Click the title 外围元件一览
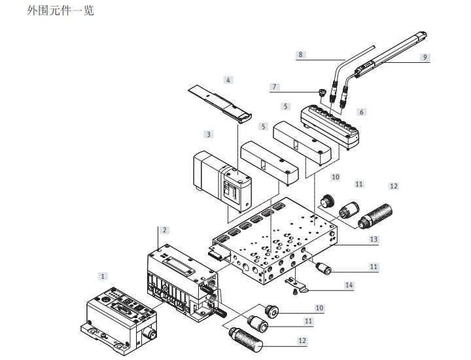click(x=60, y=10)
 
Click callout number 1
click(x=103, y=276)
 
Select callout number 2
click(x=165, y=230)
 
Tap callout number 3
click(x=209, y=134)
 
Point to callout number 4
click(x=228, y=80)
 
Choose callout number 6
click(x=362, y=112)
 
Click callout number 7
click(x=274, y=87)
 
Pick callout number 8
click(x=300, y=55)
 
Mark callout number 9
click(x=425, y=57)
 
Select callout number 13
click(x=374, y=239)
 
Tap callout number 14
click(x=349, y=285)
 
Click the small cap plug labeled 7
click(x=322, y=92)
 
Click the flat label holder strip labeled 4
click(x=220, y=103)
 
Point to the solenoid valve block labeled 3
click(x=222, y=181)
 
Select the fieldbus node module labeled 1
click(x=119, y=321)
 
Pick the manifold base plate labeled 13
click(x=275, y=240)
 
